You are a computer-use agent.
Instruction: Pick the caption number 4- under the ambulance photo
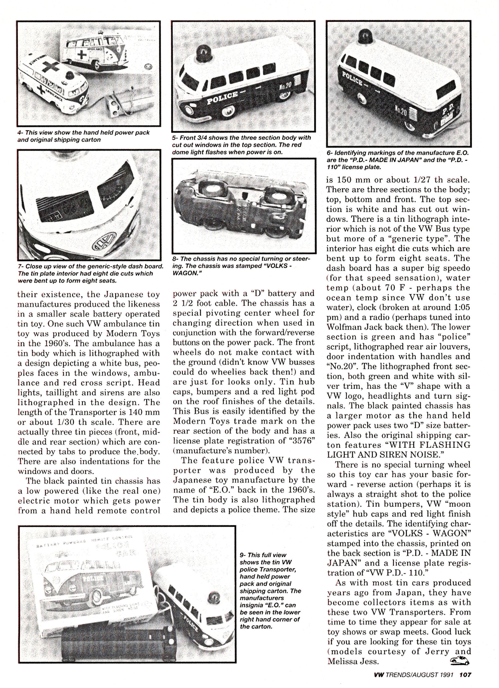tap(20, 133)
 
